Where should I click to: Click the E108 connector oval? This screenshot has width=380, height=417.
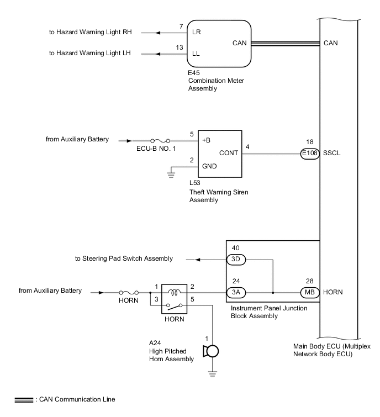click(x=310, y=154)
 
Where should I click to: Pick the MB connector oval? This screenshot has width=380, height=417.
click(x=310, y=292)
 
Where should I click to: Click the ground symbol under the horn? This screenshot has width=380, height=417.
click(x=212, y=373)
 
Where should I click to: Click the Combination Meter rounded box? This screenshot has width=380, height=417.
click(x=219, y=44)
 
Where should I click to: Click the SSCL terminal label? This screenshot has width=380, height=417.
click(x=333, y=155)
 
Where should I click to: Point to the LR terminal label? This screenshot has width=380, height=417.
click(x=196, y=32)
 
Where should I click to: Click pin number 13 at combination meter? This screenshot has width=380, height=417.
click(x=179, y=47)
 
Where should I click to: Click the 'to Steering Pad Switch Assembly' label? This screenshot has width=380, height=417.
click(x=124, y=258)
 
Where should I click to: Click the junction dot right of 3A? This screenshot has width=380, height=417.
click(x=273, y=292)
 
